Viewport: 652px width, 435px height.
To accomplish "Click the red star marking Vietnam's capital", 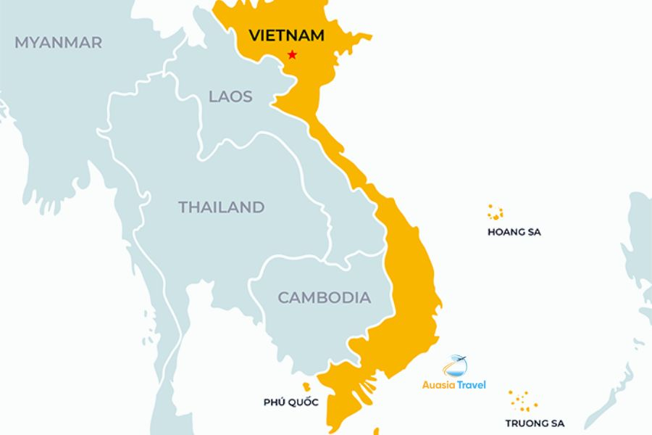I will pos(292,54).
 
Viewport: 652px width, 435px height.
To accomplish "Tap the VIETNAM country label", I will pos(286,35).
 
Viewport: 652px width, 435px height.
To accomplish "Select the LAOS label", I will pos(230,96).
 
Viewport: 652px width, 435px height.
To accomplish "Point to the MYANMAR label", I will pos(58,43).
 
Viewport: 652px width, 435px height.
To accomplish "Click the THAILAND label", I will pos(221,207).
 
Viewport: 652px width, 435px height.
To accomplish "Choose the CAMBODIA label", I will pos(324,297).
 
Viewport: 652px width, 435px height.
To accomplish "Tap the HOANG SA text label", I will pos(514,233).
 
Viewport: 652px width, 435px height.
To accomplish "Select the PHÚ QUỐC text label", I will pos(291,402).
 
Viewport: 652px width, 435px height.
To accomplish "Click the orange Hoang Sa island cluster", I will pos(496,212).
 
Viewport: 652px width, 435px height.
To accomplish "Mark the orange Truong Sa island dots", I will pos(522,399).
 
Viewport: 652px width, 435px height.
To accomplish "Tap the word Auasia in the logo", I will pos(439,385).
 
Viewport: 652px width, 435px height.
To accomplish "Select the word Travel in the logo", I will pos(472,385).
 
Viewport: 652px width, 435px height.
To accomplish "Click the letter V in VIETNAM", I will pos(254,35).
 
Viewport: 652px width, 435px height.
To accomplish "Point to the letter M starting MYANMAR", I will pos(21,43).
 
